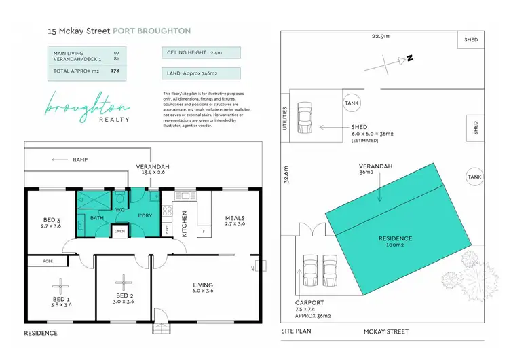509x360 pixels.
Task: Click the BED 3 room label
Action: [x=52, y=219]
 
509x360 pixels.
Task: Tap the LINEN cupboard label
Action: [x=119, y=231]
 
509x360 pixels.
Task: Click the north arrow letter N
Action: [x=410, y=59]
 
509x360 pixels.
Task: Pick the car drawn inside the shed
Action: [x=305, y=117]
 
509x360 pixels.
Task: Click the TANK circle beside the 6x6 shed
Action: [x=352, y=103]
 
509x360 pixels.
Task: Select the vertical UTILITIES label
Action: [x=286, y=118]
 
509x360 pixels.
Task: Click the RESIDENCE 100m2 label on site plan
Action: [x=395, y=242]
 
